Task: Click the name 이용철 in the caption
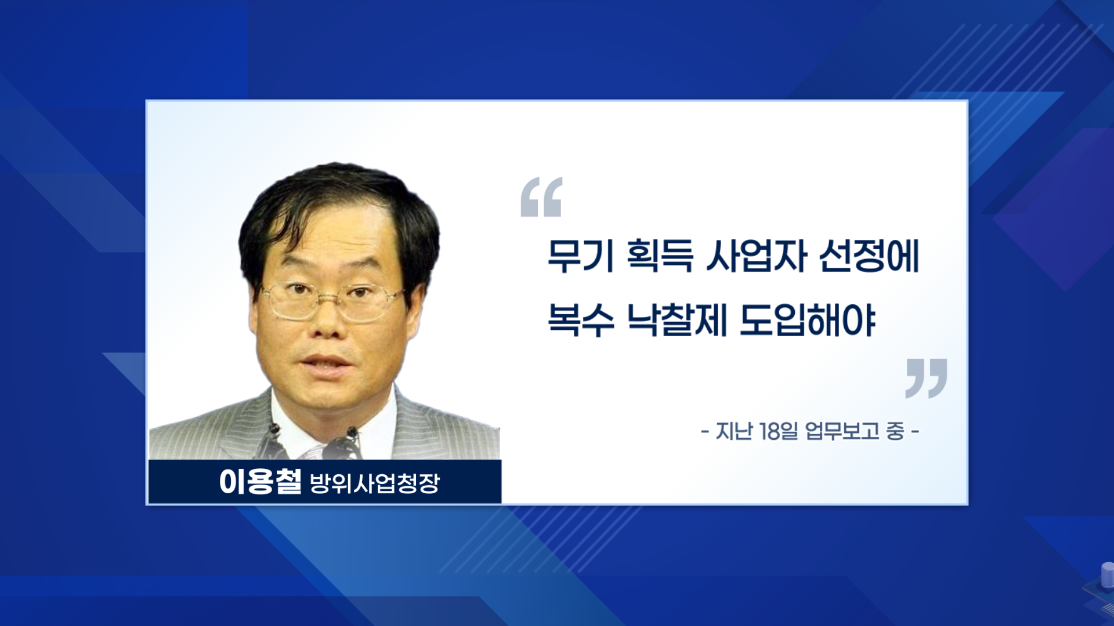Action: click(261, 482)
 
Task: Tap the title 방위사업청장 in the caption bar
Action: click(375, 483)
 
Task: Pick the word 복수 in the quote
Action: click(581, 319)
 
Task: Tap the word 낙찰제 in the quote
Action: click(677, 319)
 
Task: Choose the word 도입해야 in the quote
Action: click(808, 319)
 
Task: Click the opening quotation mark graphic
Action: click(541, 197)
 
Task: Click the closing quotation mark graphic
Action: click(927, 378)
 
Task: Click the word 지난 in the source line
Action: click(734, 431)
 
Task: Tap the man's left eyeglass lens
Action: click(292, 299)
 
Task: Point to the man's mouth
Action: click(325, 363)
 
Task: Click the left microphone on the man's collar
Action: click(275, 431)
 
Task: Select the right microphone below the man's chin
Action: click(351, 434)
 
